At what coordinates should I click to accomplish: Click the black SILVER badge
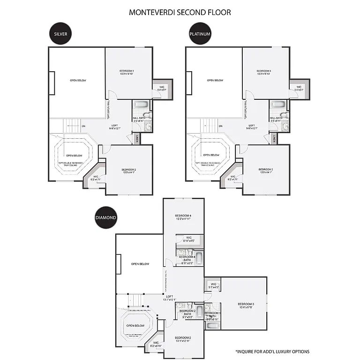(x=60, y=34)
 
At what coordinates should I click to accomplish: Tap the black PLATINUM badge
(x=200, y=34)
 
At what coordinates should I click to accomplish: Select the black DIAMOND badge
(x=105, y=217)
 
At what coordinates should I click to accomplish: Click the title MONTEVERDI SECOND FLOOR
(x=180, y=12)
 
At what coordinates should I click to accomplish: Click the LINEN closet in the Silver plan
(x=136, y=139)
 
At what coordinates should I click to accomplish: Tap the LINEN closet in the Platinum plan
(x=274, y=139)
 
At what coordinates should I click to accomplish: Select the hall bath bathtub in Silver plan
(x=140, y=105)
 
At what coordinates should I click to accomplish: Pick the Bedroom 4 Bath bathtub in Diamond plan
(x=198, y=258)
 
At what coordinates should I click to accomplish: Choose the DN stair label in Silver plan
(x=83, y=126)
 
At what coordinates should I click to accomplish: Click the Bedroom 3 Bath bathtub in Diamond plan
(x=212, y=325)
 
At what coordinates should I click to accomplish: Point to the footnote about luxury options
(x=272, y=351)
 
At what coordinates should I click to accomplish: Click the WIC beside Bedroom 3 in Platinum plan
(x=299, y=88)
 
